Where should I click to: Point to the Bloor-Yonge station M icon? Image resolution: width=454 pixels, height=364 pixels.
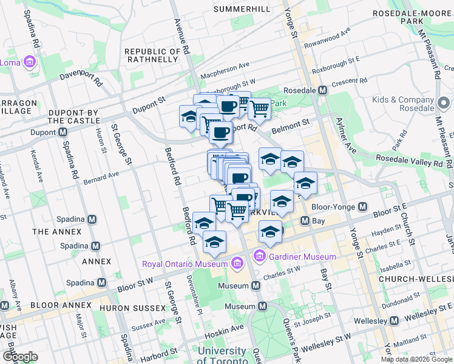point(363,207)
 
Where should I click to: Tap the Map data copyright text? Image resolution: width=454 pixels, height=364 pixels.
point(417,359)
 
